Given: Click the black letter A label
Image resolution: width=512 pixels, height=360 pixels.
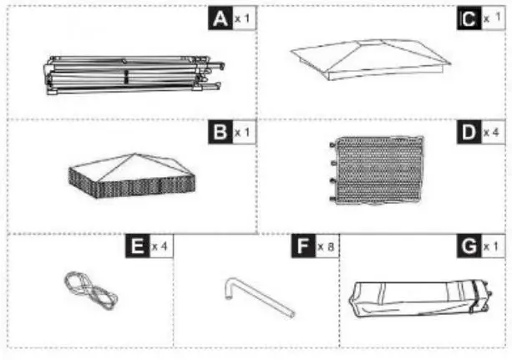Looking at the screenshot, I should (x=221, y=19).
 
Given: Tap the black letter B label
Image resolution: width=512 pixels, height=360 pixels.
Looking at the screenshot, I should (x=221, y=132).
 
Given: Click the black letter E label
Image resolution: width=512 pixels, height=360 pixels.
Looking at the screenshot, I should (x=136, y=247).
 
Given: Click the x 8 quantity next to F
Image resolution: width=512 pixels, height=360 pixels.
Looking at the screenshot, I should (x=327, y=248).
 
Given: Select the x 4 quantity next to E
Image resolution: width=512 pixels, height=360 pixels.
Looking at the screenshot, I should (x=160, y=248).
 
